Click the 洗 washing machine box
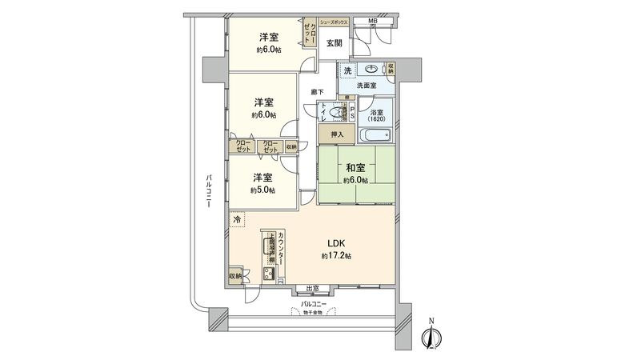tap(347, 71)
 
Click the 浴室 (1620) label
tap(376, 116)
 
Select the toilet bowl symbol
tap(335, 112)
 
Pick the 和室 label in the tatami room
tap(355, 168)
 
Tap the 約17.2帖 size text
tap(337, 256)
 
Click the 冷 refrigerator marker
tap(237, 218)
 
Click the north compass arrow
tap(431, 335)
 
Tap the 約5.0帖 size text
tap(262, 190)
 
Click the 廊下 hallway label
tap(317, 92)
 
